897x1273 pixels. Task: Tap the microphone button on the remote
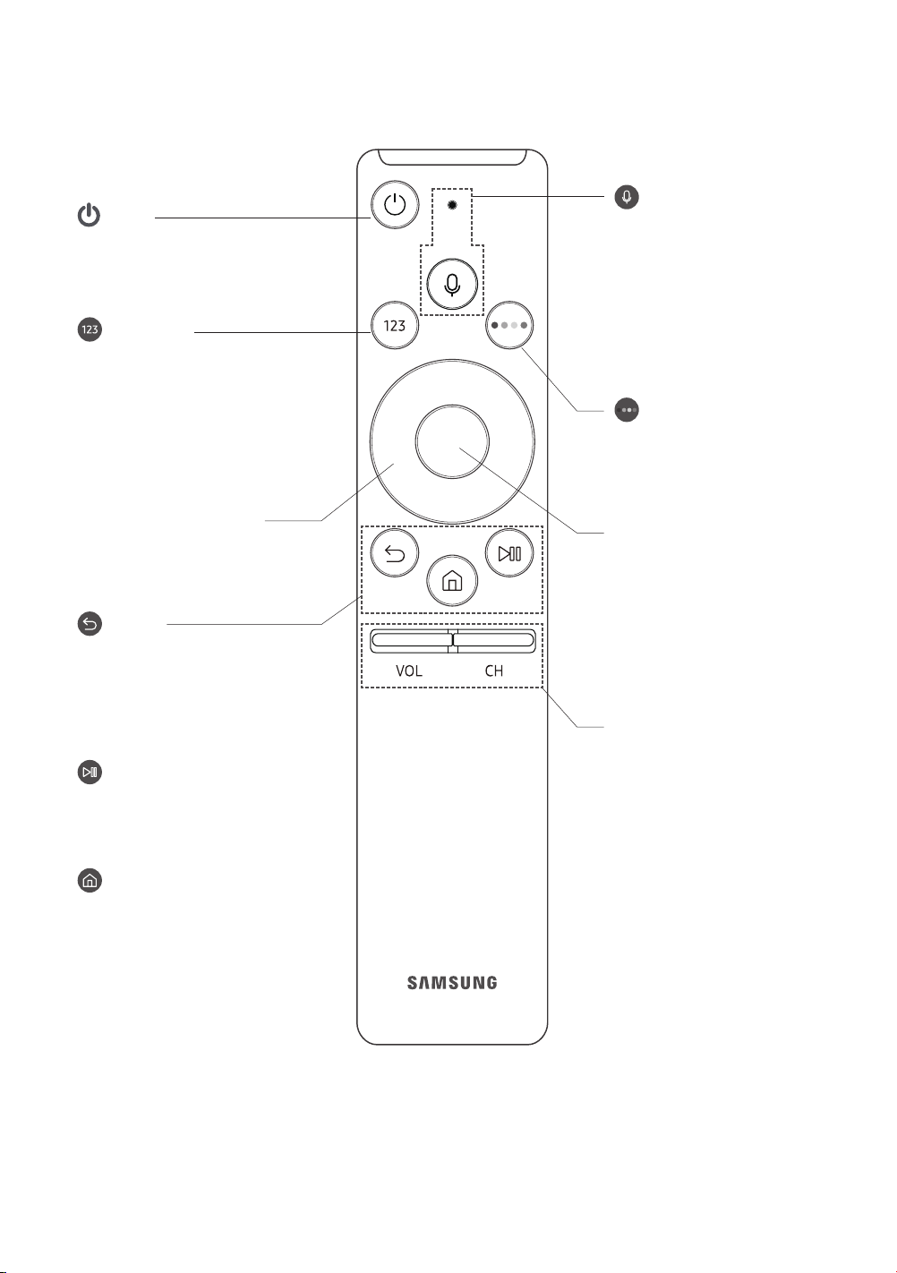(x=452, y=284)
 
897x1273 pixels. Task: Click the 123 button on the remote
(x=395, y=326)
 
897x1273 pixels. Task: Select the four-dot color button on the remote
(x=509, y=326)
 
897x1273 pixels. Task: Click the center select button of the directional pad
(x=452, y=441)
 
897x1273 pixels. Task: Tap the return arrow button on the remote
(x=395, y=553)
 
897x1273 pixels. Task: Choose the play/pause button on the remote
(x=509, y=553)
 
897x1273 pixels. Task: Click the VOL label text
(x=409, y=671)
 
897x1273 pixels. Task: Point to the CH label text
(x=494, y=671)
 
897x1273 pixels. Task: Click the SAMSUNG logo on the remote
(x=452, y=983)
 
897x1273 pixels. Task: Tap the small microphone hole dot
(x=452, y=205)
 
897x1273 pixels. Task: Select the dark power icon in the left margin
(x=90, y=216)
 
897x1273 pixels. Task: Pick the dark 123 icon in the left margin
(x=90, y=329)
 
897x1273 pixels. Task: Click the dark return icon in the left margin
(x=90, y=624)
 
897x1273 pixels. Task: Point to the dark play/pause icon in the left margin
(x=90, y=773)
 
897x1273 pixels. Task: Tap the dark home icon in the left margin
(x=90, y=880)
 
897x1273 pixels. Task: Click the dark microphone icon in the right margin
(x=627, y=197)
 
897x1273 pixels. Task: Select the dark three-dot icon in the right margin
(x=627, y=410)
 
